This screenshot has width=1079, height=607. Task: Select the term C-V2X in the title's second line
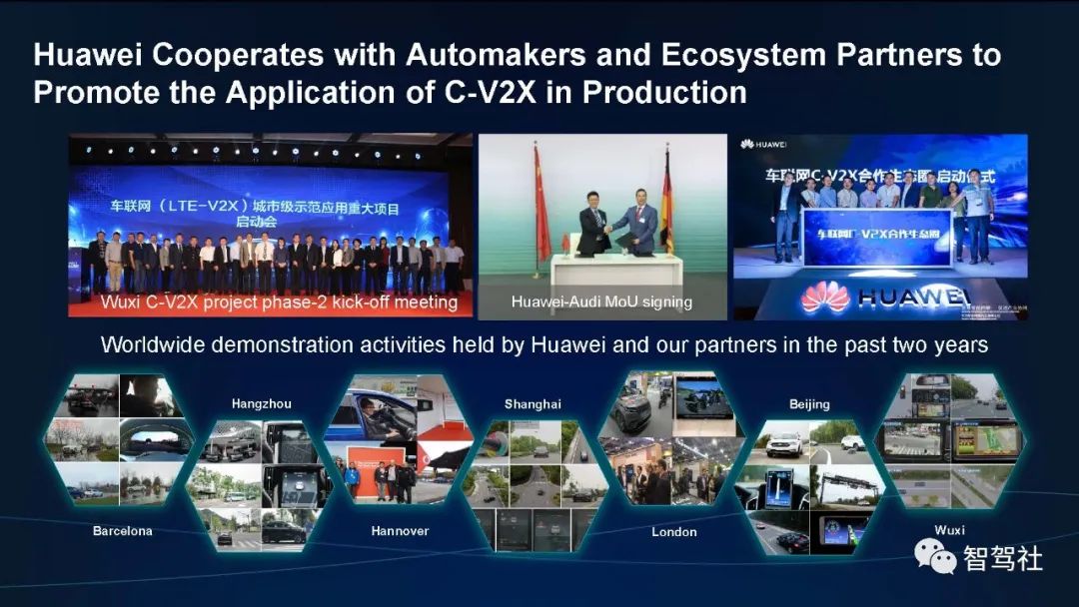[516, 92]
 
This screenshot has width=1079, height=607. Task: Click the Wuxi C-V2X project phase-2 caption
[279, 302]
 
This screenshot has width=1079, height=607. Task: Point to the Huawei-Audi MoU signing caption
[601, 302]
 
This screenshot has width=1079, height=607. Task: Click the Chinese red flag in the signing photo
[542, 200]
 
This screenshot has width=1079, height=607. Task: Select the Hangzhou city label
[261, 404]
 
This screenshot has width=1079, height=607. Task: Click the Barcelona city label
[122, 531]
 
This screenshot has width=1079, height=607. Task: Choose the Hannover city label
[400, 531]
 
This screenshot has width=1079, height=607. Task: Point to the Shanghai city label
[533, 404]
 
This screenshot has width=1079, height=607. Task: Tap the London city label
[674, 532]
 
